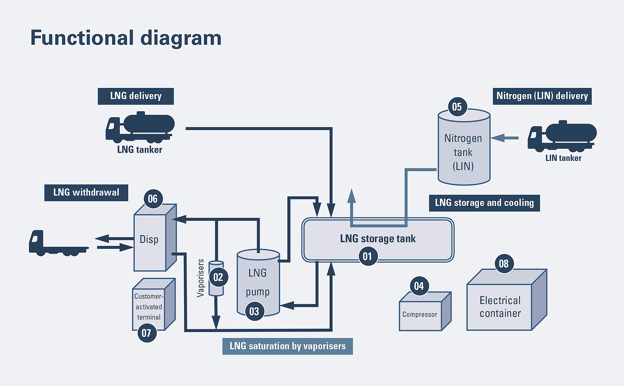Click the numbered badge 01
(x=368, y=256)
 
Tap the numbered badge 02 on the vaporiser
(x=218, y=277)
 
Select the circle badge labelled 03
(x=254, y=311)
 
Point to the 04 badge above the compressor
(x=419, y=286)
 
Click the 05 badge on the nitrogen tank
(x=457, y=107)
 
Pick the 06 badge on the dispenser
(x=153, y=199)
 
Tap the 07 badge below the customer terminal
(x=146, y=333)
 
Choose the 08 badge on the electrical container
(x=504, y=263)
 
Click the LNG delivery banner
(x=136, y=96)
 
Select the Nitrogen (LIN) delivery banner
(x=542, y=96)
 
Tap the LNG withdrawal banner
(x=86, y=193)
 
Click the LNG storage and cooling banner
(x=484, y=203)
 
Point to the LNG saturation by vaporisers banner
(x=287, y=346)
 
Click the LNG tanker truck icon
(x=140, y=127)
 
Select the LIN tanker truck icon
(x=562, y=136)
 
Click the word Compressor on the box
(x=419, y=314)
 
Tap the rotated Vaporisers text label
(x=201, y=278)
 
